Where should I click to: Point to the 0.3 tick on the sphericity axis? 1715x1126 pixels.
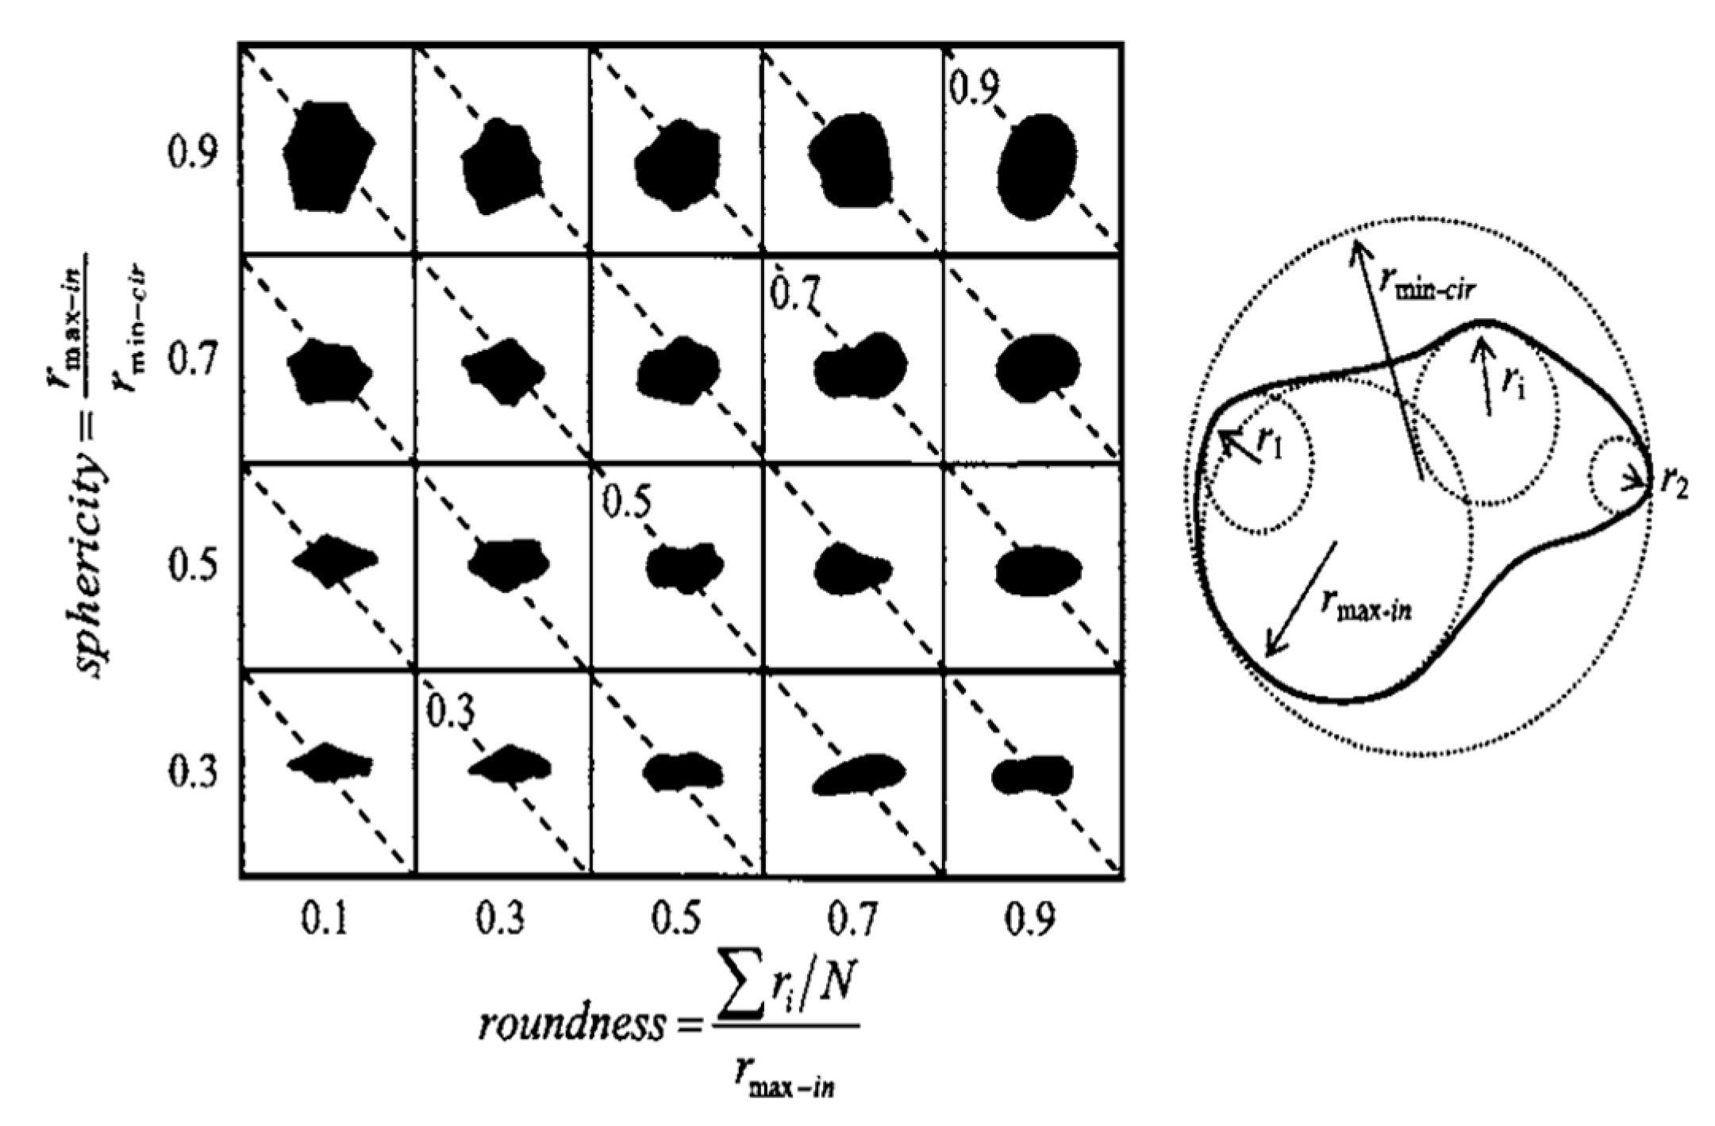(191, 773)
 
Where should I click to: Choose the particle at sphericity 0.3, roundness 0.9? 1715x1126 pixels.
(1032, 774)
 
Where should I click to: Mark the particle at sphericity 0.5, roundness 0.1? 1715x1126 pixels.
(334, 560)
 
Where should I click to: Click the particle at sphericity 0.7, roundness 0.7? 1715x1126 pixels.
(861, 367)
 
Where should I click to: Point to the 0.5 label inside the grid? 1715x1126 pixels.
(627, 502)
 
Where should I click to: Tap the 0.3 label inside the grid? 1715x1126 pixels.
(450, 711)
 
